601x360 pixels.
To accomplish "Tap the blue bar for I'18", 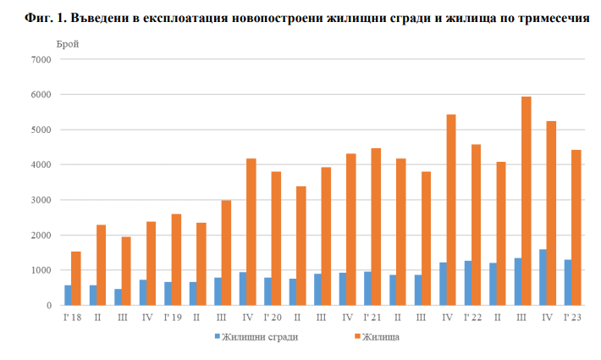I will [x=67, y=295].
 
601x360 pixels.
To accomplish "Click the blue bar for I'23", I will [x=567, y=282].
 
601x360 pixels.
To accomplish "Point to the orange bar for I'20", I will [x=276, y=238].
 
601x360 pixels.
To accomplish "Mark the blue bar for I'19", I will [x=168, y=293].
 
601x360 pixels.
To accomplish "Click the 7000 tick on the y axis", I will [x=41, y=60].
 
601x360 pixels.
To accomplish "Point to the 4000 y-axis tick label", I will [x=41, y=165].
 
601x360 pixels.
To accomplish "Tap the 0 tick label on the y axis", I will [x=48, y=305].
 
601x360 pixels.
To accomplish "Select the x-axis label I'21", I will [x=372, y=317].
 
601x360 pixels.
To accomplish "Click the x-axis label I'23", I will [x=572, y=317].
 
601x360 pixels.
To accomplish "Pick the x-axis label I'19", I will [x=172, y=317].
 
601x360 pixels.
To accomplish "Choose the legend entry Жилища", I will [x=382, y=336].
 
